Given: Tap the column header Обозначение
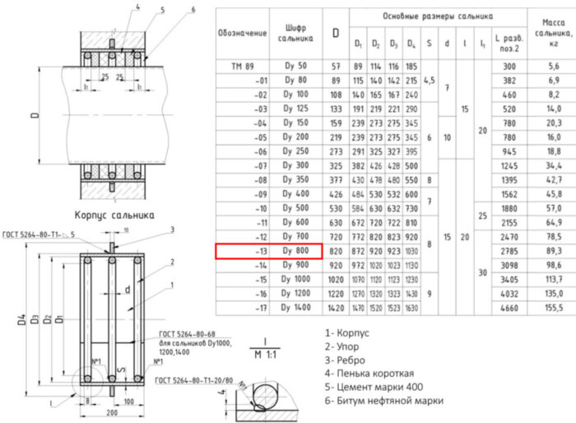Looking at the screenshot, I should [243, 33].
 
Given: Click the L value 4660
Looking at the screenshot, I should [509, 308].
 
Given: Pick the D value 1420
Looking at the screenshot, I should [335, 308].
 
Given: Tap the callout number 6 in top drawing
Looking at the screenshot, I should [193, 9].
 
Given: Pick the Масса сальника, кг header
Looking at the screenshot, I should [553, 33].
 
